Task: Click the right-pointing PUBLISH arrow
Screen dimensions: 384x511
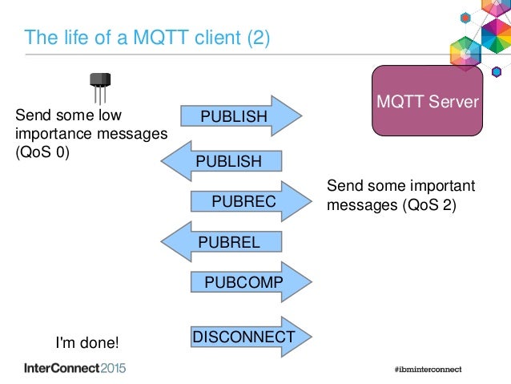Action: [239, 117]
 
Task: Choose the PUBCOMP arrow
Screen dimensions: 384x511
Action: [244, 283]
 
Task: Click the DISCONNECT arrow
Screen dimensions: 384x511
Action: [243, 338]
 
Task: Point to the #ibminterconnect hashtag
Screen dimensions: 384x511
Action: [422, 370]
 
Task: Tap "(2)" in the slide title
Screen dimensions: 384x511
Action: [257, 38]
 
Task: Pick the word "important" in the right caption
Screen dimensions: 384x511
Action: [443, 187]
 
